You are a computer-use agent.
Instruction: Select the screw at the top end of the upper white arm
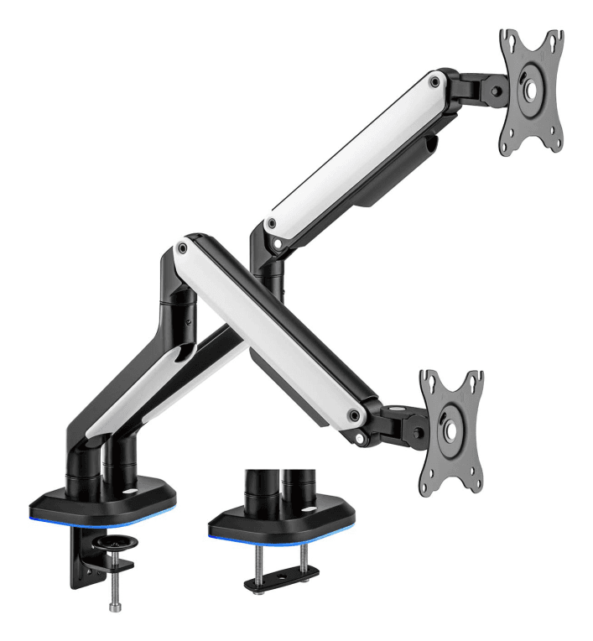click(x=433, y=82)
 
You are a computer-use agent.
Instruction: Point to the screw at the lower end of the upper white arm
click(x=271, y=224)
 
